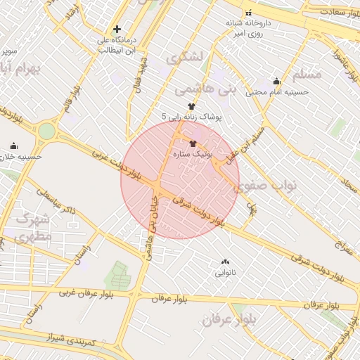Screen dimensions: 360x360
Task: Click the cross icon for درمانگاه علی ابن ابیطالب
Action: (x=117, y=30)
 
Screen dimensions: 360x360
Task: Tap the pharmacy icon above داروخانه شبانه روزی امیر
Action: (x=248, y=13)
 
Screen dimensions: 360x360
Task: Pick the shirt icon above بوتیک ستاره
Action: (x=193, y=143)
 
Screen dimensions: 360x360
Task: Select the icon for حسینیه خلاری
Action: (x=13, y=146)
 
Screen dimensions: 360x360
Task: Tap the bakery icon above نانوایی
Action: (x=225, y=262)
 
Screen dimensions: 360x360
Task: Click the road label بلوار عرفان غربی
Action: (x=86, y=291)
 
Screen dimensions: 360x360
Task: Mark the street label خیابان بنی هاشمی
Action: (x=150, y=229)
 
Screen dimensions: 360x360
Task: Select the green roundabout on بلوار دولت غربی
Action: (x=46, y=131)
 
